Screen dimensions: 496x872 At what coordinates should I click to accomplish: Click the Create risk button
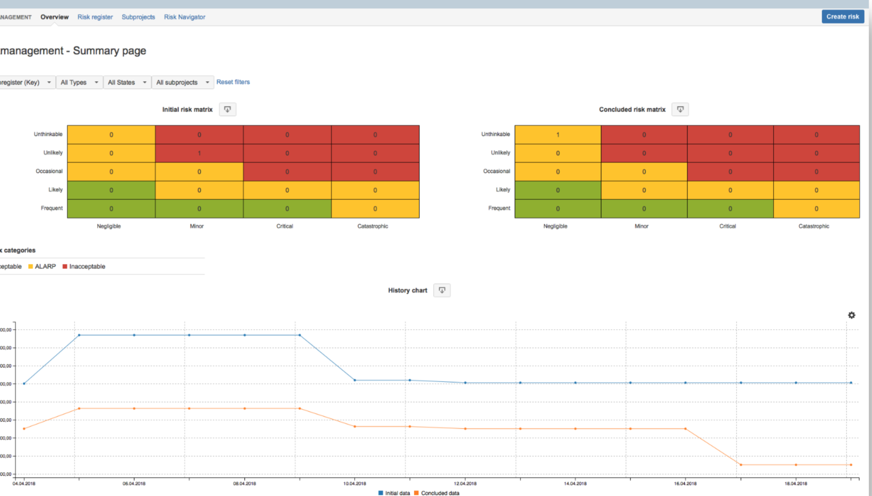coord(842,17)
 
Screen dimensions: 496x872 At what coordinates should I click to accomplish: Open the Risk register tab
coord(95,17)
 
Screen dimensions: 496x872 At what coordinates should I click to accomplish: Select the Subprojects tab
coord(138,17)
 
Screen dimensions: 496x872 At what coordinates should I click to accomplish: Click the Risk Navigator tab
coord(185,17)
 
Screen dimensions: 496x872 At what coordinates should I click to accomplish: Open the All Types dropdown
coord(79,82)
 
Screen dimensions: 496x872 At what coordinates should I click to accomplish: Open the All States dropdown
coord(127,82)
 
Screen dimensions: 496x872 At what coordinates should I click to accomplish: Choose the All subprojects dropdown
coord(182,82)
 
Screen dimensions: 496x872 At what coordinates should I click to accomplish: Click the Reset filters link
coord(233,82)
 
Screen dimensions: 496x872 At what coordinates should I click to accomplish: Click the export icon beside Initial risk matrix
coord(228,109)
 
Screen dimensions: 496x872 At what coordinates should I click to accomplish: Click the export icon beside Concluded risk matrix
coord(680,109)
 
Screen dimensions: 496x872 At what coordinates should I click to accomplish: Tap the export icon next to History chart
coord(442,291)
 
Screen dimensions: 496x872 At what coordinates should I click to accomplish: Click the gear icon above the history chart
coord(852,315)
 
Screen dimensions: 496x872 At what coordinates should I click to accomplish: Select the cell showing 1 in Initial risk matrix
coord(199,153)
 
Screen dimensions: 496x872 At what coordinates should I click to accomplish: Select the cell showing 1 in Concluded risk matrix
coord(558,134)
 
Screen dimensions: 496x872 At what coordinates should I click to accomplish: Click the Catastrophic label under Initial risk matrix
coord(372,226)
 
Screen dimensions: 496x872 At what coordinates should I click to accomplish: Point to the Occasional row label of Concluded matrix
coord(496,171)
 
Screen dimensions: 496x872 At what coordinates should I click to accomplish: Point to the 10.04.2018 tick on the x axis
coord(355,483)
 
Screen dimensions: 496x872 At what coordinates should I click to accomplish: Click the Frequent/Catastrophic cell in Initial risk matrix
coord(375,209)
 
